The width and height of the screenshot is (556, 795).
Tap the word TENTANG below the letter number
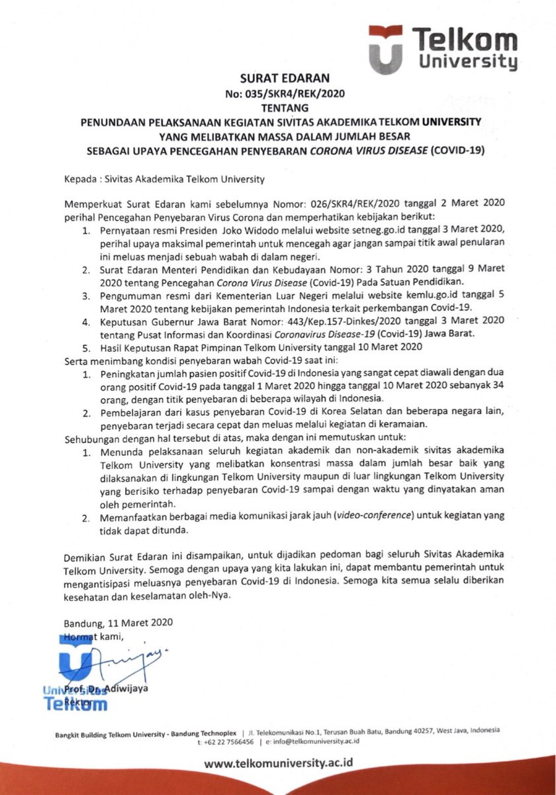(x=278, y=107)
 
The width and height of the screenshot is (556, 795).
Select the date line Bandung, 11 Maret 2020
(x=118, y=623)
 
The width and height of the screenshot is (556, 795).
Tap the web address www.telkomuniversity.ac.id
(x=278, y=764)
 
